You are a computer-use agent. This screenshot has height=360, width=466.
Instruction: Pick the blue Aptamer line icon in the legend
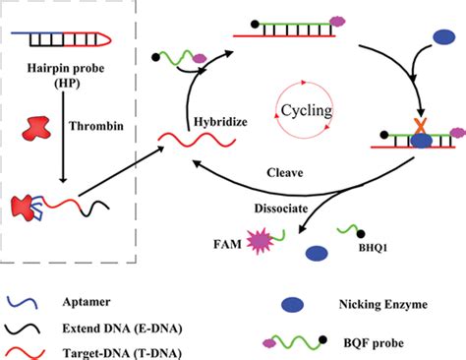(x=28, y=298)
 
